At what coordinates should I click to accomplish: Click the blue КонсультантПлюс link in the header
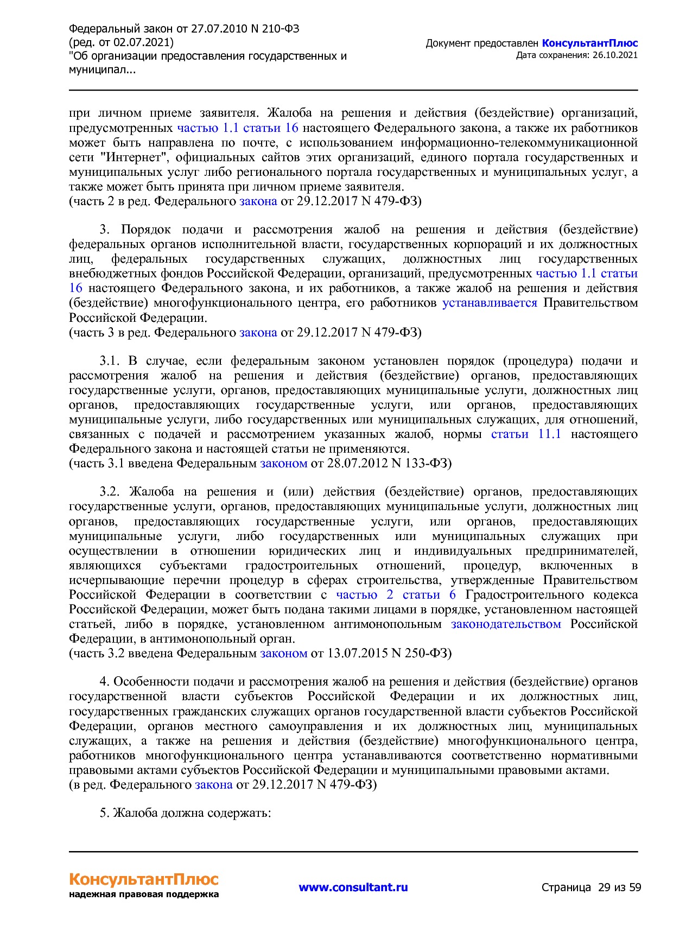[x=589, y=43]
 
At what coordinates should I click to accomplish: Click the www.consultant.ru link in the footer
[x=353, y=887]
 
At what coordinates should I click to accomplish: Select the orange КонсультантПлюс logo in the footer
[x=143, y=879]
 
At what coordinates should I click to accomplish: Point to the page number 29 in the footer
[x=604, y=887]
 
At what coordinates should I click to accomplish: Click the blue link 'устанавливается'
[x=490, y=303]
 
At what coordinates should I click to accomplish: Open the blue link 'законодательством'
[x=506, y=624]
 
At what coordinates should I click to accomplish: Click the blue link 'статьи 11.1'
[x=526, y=434]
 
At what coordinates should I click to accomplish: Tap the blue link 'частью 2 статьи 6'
[x=396, y=595]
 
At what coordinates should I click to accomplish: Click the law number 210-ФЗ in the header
[x=276, y=29]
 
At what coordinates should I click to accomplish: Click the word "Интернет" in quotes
[x=134, y=158]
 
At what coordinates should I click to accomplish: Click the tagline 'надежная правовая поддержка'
[x=143, y=894]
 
